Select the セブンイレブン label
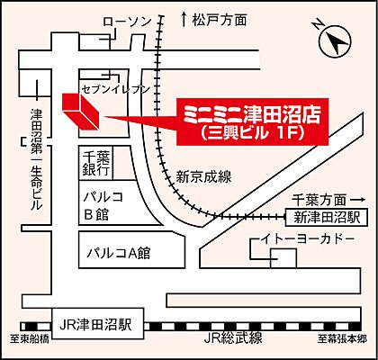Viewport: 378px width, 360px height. [114, 91]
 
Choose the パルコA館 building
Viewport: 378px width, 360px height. [116, 253]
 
